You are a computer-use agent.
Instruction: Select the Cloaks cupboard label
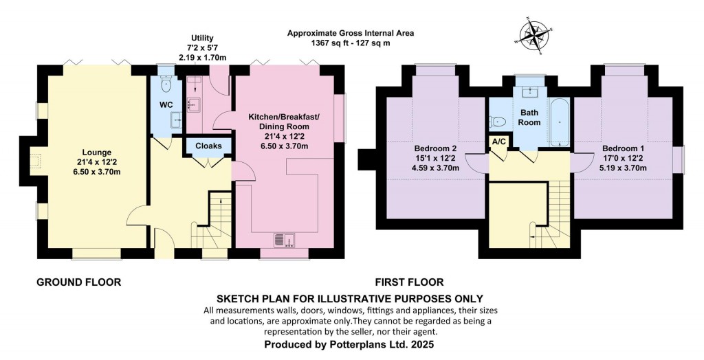[208, 146]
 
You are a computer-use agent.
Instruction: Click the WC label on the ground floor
[166, 104]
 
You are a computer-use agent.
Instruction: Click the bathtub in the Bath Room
[558, 122]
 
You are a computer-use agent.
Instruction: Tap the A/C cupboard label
[498, 142]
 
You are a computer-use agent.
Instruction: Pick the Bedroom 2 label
[435, 148]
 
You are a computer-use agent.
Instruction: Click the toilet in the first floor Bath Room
[499, 122]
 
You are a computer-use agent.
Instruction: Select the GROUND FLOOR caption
[78, 282]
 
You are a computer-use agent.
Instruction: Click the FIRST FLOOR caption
[409, 282]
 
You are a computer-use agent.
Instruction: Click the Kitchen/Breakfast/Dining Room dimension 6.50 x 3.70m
[278, 146]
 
